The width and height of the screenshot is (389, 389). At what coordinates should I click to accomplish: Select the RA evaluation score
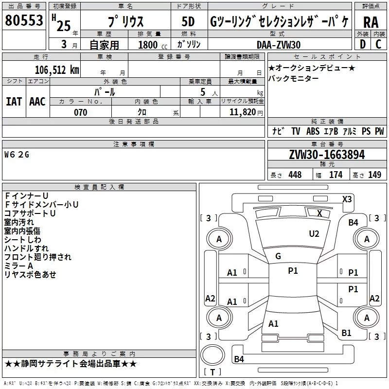click(371, 22)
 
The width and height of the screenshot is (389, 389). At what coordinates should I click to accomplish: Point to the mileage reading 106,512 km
click(56, 70)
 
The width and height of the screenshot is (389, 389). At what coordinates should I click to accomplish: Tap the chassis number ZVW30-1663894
click(327, 155)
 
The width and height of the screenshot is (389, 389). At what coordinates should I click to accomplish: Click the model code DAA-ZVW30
click(279, 45)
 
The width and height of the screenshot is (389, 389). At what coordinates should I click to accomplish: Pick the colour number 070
click(80, 112)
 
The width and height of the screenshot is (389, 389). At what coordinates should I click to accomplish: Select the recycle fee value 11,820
click(242, 112)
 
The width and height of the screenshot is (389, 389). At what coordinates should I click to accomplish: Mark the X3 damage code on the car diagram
click(347, 199)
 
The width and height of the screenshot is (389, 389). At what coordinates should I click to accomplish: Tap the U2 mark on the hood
click(314, 234)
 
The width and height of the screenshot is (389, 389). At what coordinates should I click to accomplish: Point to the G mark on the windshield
click(278, 256)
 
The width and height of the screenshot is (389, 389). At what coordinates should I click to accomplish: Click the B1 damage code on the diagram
click(346, 333)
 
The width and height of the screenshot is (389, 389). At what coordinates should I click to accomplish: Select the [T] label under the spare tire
click(212, 372)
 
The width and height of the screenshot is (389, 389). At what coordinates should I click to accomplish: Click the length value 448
click(295, 175)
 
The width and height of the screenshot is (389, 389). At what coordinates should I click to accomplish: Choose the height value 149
click(374, 175)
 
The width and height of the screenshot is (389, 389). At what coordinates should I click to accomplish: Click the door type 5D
click(188, 22)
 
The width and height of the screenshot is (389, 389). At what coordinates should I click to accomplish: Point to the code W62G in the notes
click(17, 155)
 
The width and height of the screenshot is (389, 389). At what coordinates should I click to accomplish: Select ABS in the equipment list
click(313, 131)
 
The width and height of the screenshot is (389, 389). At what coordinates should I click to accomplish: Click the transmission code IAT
click(14, 102)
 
